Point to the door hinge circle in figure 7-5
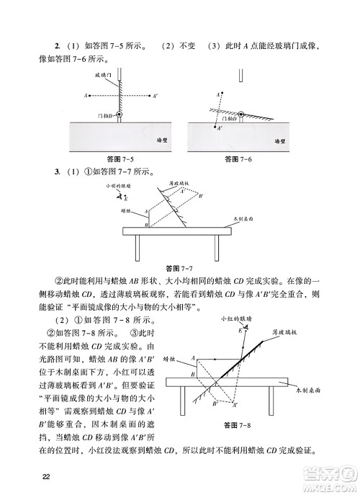coord(121,114)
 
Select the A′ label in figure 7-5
coord(157,94)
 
